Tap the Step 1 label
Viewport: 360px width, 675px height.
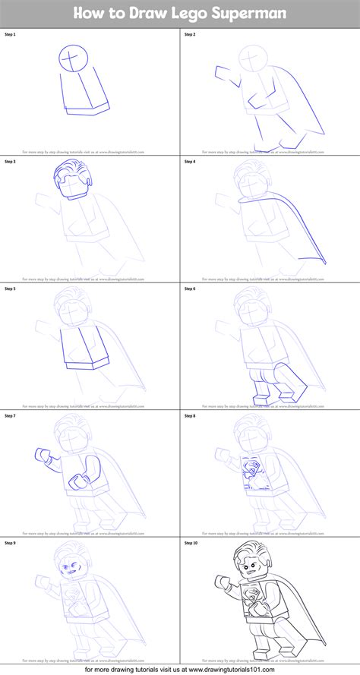(10, 35)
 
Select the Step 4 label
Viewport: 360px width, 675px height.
(190, 162)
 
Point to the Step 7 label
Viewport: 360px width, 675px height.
(10, 416)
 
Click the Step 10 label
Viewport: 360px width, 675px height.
(191, 543)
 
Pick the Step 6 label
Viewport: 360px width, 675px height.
(190, 289)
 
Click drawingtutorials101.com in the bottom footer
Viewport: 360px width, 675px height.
(285, 667)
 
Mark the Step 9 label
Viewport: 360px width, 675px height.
(10, 543)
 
